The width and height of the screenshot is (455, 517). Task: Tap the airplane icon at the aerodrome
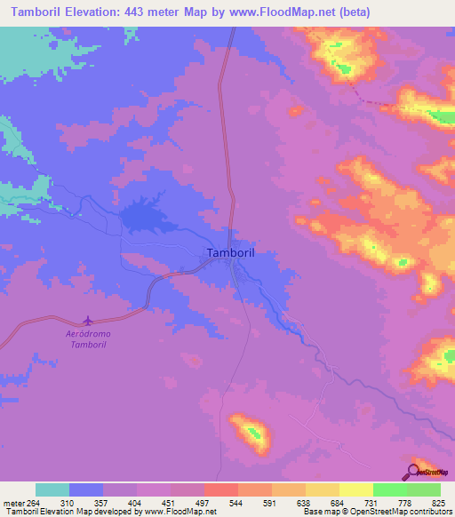(87, 320)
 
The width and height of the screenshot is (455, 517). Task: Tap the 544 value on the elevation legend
(237, 503)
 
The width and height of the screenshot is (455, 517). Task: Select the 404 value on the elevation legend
(137, 503)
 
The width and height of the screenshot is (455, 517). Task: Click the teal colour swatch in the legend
(52, 489)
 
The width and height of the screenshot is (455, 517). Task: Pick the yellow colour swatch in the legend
(355, 489)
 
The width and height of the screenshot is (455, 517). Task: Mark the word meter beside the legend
(13, 503)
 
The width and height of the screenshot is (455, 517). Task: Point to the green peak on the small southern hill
(254, 433)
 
